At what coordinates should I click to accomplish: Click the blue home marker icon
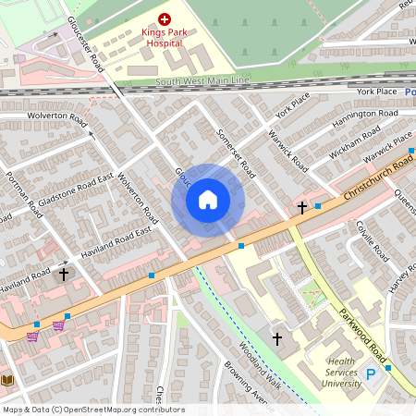208,200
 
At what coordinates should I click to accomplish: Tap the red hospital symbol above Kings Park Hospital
165,18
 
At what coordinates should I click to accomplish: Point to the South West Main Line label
202,81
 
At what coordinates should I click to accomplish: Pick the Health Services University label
347,373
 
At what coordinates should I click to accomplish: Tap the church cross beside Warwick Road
301,208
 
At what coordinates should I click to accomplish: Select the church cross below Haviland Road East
64,274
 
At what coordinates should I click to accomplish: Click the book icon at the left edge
7,380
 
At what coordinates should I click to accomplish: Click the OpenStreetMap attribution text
92,410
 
